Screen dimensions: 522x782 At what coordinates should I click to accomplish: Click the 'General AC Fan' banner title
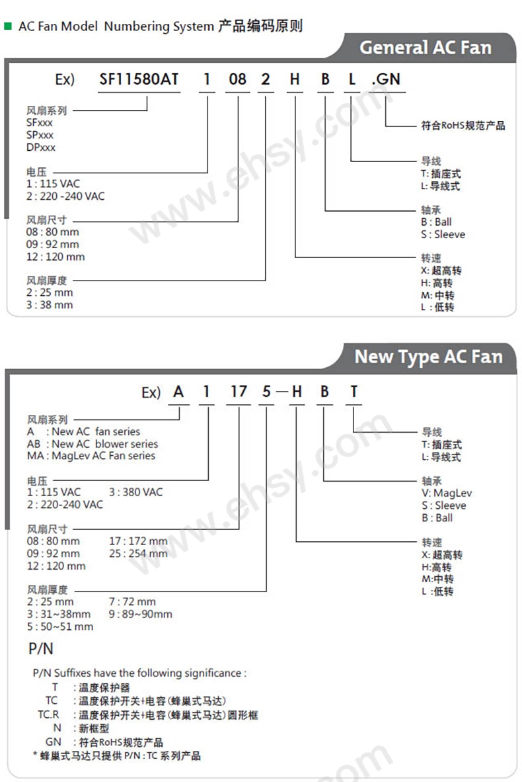coord(425,48)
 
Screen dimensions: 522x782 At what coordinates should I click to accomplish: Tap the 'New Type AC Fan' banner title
coord(428,357)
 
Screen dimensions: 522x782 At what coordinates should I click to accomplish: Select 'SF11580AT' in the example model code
coord(139,79)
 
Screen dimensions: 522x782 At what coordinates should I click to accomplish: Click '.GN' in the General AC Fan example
coord(386,79)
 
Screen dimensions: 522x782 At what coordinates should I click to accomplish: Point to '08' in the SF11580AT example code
coord(237,79)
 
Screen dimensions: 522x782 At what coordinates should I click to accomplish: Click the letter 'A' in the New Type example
coord(178,392)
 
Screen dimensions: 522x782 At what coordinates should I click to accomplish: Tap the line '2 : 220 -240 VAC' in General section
coord(65,196)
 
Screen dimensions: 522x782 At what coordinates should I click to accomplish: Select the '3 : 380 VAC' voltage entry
coord(135,492)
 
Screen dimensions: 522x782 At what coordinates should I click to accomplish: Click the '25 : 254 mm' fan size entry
coord(138,554)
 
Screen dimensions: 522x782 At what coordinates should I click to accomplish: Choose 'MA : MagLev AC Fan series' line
coord(91,456)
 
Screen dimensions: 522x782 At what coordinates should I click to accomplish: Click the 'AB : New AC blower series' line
coord(93,444)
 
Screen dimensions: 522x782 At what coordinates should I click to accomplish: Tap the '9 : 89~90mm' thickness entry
coord(140,614)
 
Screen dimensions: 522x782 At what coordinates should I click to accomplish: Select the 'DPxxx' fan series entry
coord(41,148)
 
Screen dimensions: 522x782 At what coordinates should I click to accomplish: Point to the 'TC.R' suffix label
coord(48,715)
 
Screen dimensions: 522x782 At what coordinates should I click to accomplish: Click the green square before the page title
coord(8,26)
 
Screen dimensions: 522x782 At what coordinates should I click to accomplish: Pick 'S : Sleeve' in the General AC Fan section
coord(443,234)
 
